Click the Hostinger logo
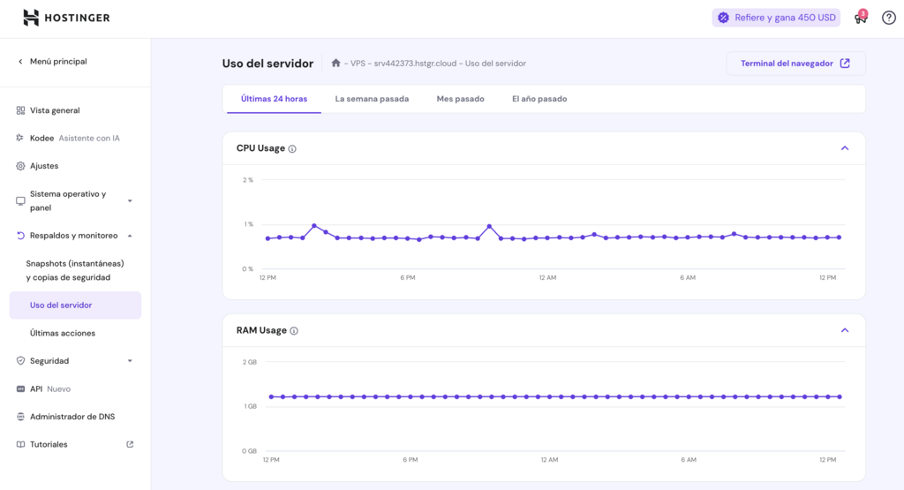[66, 18]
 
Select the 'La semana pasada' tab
[372, 99]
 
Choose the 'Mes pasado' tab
[460, 99]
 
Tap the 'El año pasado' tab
[539, 99]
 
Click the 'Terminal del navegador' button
[795, 64]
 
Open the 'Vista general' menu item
[55, 110]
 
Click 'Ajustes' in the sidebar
[44, 166]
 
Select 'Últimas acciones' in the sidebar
[63, 333]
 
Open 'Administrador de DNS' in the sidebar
[72, 417]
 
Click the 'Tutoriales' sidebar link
[49, 444]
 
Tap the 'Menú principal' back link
[58, 62]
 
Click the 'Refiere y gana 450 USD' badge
[776, 18]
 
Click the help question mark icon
[888, 18]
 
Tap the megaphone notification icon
[860, 18]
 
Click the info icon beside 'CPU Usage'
[292, 149]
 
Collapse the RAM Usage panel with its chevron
[845, 330]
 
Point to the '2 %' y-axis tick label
[248, 180]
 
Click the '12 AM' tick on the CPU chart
[547, 278]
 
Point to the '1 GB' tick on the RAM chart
[250, 406]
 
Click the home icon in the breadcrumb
[335, 64]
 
